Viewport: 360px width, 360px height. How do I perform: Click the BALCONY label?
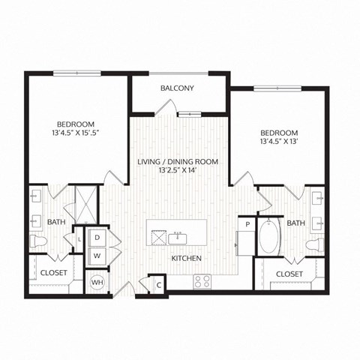[x=177, y=88]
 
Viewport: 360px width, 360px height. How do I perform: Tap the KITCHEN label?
[x=186, y=259]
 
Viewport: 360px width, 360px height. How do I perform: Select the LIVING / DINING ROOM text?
[x=177, y=161]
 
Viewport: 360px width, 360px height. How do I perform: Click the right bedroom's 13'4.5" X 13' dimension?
[x=279, y=140]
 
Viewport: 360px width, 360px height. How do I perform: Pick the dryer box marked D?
[x=97, y=238]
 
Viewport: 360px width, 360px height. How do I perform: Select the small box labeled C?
[x=159, y=284]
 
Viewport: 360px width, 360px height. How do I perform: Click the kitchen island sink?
[x=178, y=238]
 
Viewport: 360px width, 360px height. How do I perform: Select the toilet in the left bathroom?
[x=38, y=241]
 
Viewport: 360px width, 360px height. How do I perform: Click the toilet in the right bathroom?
[x=317, y=244]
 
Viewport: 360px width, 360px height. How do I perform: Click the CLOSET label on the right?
[x=289, y=274]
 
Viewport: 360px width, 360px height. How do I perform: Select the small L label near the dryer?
[x=80, y=238]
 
